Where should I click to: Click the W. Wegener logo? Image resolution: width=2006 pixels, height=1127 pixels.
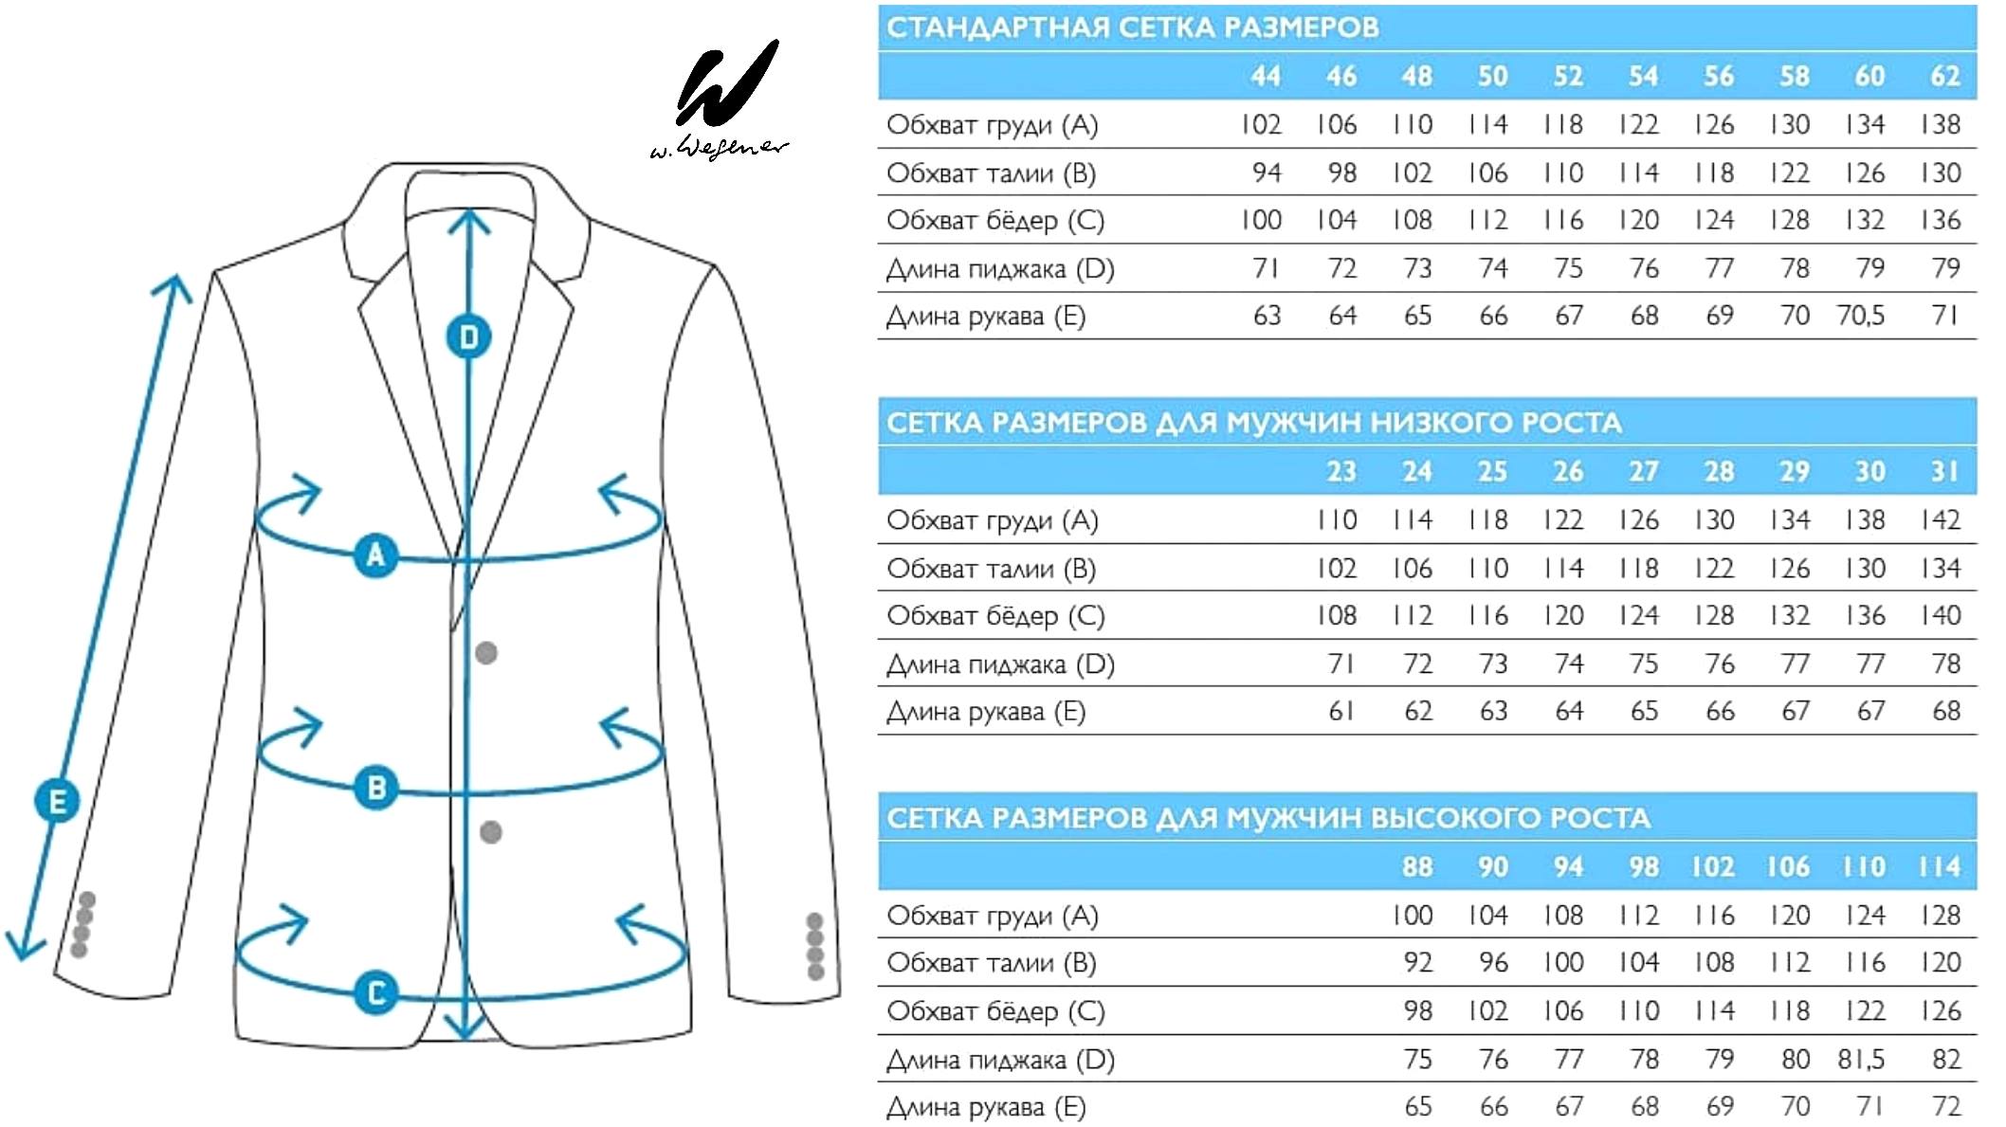pos(720,100)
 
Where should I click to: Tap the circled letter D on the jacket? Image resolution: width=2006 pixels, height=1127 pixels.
pos(469,337)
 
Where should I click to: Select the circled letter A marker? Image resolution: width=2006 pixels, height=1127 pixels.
pos(376,555)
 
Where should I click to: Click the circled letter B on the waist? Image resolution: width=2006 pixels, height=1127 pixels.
pos(376,788)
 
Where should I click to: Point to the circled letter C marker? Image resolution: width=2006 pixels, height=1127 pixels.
pos(376,993)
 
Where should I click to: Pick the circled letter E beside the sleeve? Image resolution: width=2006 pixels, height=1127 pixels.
pos(57,802)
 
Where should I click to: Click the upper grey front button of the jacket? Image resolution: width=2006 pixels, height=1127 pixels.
pos(486,653)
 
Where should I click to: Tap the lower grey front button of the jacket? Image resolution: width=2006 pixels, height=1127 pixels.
pos(491,832)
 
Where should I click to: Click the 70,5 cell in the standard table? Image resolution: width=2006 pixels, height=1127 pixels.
pos(1861,316)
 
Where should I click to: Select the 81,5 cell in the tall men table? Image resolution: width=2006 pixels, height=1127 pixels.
pos(1861,1059)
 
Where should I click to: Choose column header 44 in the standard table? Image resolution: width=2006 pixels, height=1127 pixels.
pos(1266,76)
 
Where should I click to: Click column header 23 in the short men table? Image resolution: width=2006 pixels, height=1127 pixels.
pos(1341,471)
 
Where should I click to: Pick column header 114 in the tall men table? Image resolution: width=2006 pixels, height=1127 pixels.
pos(1939,866)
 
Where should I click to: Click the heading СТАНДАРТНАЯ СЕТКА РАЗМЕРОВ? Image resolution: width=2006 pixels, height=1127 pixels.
pos(1133,27)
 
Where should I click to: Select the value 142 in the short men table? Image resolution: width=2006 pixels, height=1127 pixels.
pos(1941,519)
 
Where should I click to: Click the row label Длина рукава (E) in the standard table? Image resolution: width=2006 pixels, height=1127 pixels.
pos(986,317)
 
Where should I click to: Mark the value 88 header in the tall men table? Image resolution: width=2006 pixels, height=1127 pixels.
pos(1417,866)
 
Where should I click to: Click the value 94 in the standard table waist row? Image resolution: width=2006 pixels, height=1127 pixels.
pos(1267,173)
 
